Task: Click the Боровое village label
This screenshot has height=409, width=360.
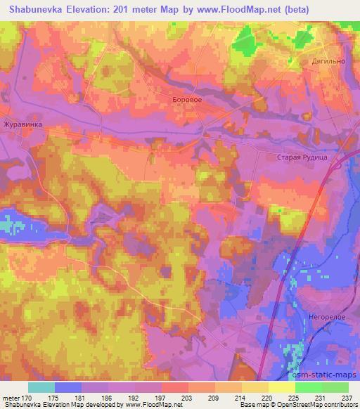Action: pos(188,100)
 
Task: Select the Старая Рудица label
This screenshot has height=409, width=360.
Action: pos(302,157)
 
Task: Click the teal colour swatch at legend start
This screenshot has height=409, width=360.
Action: pos(41,387)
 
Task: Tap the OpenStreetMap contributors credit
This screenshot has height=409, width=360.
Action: pos(323,405)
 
